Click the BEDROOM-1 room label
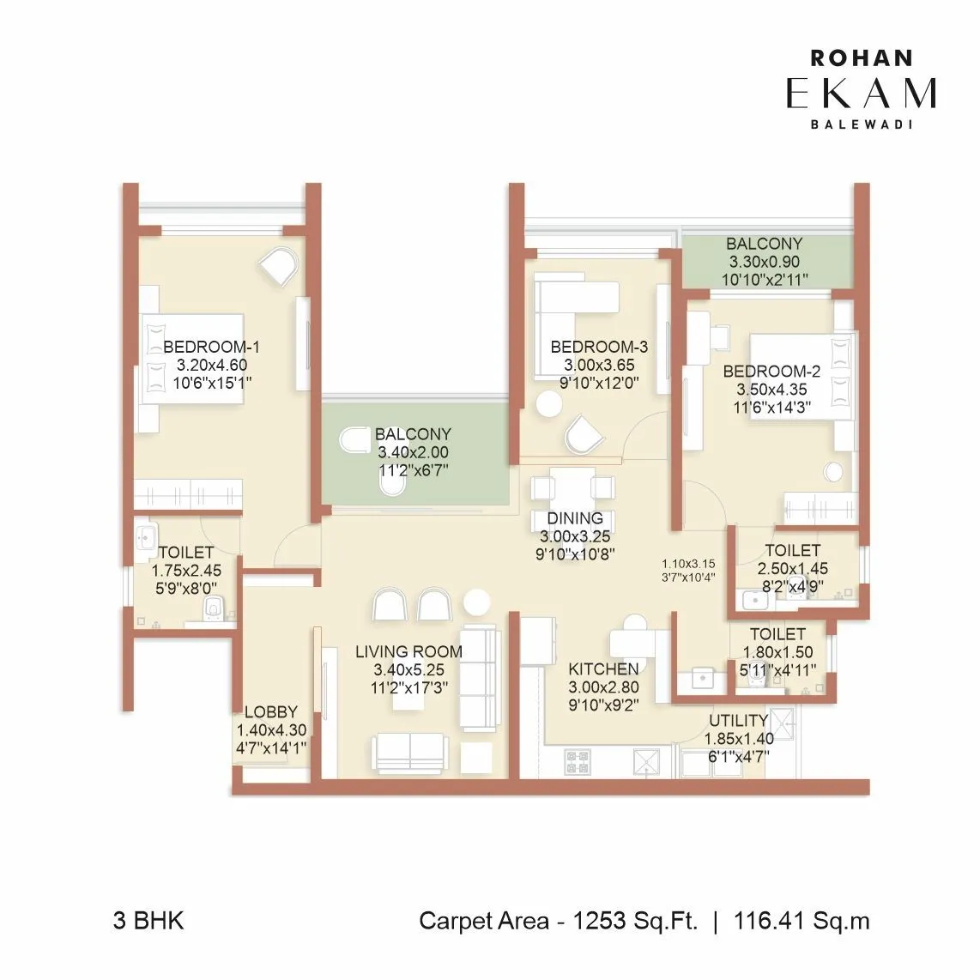pos(211,347)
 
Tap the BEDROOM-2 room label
pos(771,371)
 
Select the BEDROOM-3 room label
pos(599,347)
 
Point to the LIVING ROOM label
pos(408,652)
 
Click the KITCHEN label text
pos(603,668)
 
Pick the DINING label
pos(575,518)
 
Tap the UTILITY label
pos(738,721)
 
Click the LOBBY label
pos(271,711)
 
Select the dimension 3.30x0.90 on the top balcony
pos(764,262)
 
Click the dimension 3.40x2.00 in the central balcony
pos(413,452)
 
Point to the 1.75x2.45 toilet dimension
pos(186,571)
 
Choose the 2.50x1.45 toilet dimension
pos(792,568)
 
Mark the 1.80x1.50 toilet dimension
pos(777,652)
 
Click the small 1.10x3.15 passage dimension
pos(688,564)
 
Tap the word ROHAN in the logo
pos(861,58)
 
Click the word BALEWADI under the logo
pos(861,124)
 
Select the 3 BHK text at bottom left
pos(148,921)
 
